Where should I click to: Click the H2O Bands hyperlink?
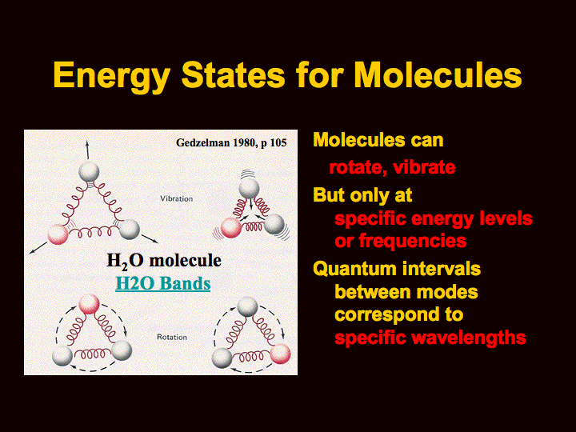162,283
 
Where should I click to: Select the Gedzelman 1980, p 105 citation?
231,142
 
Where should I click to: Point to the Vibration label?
176,198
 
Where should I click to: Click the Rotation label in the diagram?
172,338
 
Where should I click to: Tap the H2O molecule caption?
164,261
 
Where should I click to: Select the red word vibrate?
424,167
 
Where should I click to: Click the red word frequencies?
413,242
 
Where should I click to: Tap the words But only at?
362,195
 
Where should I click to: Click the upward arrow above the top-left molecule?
87,150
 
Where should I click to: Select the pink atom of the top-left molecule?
58,234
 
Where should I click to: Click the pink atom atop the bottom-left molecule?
89,304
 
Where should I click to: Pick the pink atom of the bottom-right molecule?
280,354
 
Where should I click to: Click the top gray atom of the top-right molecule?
249,189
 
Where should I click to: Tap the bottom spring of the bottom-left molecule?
92,354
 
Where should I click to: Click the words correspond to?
399,315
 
